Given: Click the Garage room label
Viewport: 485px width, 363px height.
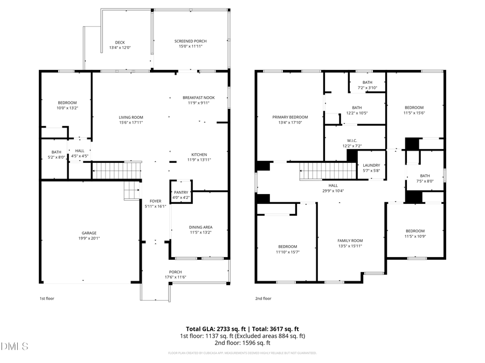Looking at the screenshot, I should (89, 233).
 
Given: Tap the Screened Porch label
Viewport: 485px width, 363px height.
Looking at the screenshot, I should (190, 41).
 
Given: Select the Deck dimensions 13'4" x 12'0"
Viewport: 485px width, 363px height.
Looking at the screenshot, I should (120, 48).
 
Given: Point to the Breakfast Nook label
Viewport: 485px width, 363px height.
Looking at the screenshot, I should (198, 97).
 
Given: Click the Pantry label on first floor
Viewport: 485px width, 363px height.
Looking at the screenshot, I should (181, 192).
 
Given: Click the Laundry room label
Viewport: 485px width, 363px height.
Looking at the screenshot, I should (371, 165).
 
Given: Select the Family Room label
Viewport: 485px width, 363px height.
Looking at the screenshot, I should (350, 240).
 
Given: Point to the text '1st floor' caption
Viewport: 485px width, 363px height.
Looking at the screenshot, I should (47, 298).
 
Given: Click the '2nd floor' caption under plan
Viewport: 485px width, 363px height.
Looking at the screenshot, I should (263, 298).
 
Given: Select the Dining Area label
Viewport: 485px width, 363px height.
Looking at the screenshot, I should (200, 227).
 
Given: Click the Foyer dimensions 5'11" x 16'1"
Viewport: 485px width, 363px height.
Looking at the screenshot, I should (155, 207).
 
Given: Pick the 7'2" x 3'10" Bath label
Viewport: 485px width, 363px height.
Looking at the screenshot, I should (367, 88).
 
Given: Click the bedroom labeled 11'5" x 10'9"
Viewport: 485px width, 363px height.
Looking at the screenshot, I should (414, 236).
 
